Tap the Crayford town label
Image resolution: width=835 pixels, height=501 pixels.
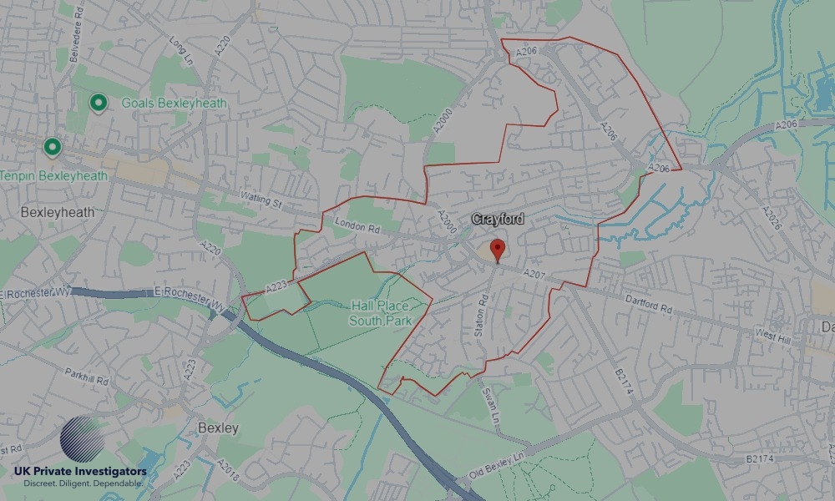tap(498, 220)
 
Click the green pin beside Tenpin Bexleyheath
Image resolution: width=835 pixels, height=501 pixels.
tap(53, 148)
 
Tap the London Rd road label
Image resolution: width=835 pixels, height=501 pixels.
tap(357, 225)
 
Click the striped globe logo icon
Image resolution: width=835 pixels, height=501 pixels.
tap(83, 440)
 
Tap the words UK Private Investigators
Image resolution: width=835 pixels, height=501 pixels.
tap(80, 472)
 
